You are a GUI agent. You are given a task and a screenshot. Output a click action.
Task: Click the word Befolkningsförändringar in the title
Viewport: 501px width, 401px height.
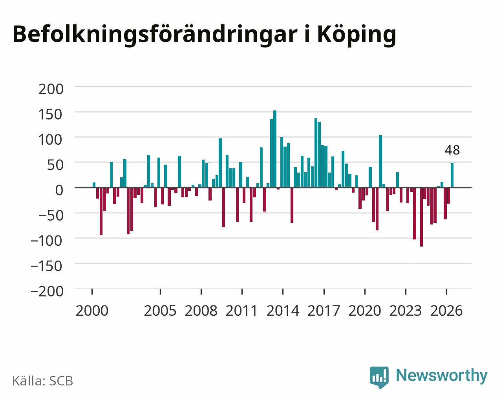(x=155, y=35)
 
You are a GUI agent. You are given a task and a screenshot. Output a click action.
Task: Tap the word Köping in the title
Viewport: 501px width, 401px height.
(x=357, y=35)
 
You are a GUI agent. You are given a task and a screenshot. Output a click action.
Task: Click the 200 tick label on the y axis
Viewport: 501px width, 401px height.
(x=51, y=89)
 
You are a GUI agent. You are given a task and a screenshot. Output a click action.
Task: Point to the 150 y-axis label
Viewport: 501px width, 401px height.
(x=50, y=114)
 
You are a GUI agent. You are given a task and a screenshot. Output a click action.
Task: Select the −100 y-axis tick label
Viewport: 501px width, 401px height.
(x=47, y=241)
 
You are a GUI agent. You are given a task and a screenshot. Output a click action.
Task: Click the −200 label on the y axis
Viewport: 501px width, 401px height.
(x=47, y=291)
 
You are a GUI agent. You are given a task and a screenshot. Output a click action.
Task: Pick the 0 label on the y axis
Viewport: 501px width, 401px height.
(x=59, y=190)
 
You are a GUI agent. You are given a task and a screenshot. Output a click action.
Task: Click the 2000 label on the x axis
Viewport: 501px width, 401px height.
(x=92, y=311)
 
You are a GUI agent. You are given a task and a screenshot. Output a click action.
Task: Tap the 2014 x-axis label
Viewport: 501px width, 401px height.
(x=283, y=311)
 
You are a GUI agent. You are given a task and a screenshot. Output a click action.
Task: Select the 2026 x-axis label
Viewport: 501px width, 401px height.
(x=446, y=311)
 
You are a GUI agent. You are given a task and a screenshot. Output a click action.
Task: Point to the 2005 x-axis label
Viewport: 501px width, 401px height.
(x=160, y=311)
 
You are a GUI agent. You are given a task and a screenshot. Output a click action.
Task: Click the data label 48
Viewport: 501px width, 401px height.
(x=452, y=150)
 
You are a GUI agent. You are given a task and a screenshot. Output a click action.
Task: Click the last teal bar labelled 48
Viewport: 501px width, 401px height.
(x=452, y=175)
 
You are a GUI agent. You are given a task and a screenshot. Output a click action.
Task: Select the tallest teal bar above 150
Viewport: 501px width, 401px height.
(x=275, y=149)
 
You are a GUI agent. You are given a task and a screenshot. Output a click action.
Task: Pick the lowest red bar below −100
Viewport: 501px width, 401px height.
(x=421, y=217)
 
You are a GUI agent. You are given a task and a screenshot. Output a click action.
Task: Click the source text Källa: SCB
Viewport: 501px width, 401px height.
(x=43, y=381)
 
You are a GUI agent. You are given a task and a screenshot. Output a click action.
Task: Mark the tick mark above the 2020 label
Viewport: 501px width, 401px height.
(x=365, y=292)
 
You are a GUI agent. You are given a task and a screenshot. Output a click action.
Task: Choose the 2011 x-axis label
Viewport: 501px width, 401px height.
(x=241, y=311)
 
